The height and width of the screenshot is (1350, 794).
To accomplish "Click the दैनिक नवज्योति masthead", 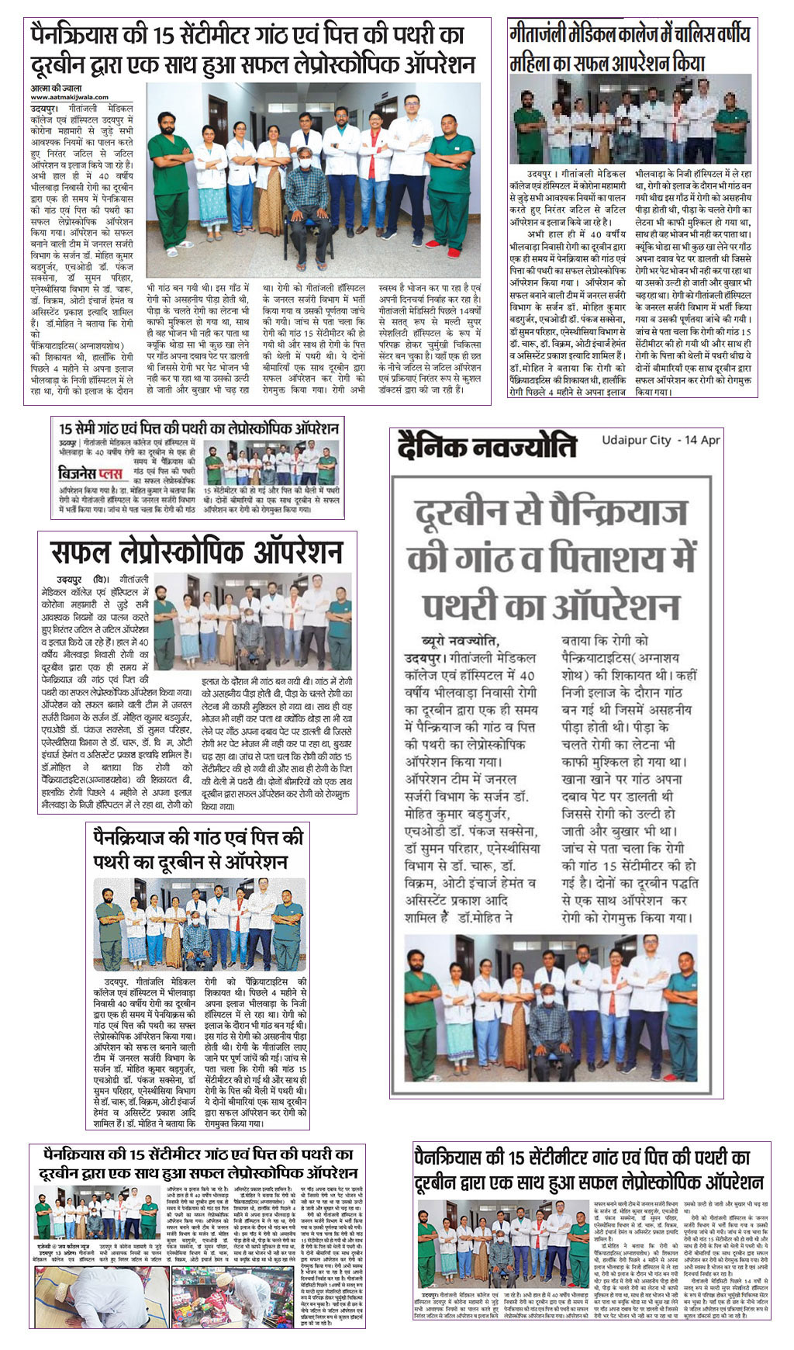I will point(487,447).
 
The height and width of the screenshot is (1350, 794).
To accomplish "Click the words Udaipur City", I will point(636,440).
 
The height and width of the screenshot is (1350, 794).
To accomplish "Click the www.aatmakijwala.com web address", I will point(61,97).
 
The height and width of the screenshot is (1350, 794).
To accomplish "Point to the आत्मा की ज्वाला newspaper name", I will point(56,88).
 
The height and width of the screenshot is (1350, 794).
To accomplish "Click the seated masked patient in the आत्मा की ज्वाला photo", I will point(306,189).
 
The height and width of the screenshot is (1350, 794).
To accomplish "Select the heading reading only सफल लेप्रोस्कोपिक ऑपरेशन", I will point(196,552).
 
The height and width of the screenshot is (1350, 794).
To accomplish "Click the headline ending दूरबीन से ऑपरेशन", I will point(198,849).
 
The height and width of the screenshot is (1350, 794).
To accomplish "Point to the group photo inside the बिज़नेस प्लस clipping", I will point(271,464).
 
